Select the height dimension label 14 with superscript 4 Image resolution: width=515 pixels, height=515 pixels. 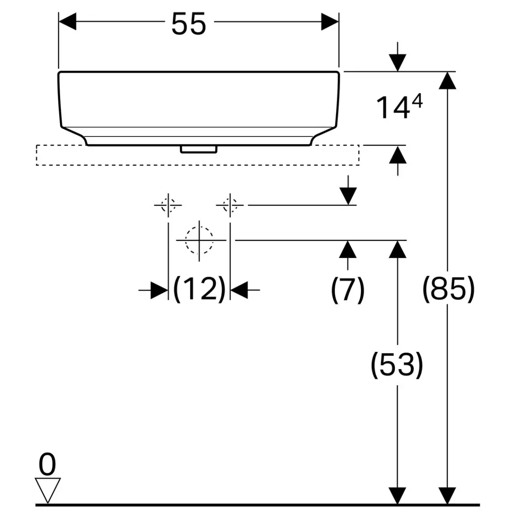coord(399,108)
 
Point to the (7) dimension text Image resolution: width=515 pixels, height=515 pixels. coord(347,289)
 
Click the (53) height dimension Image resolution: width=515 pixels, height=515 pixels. coord(397,365)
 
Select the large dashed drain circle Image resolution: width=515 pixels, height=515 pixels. coord(199,240)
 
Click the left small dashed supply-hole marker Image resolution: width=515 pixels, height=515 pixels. coord(168,205)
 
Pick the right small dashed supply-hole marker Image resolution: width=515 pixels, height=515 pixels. coord(230,205)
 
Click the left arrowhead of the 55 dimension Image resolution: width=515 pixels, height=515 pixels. coord(68,22)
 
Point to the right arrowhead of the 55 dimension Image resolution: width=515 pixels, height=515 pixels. coord(330,22)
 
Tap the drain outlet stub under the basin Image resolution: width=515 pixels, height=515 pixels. coord(199,149)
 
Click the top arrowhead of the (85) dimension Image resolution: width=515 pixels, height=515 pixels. coord(447,80)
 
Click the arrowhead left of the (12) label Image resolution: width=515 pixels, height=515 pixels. coord(159,290)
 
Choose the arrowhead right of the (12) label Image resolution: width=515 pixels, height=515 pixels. coord(239,290)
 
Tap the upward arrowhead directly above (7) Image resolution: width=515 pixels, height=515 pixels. coord(347,249)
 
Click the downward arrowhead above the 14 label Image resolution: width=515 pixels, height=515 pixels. coord(398,62)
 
